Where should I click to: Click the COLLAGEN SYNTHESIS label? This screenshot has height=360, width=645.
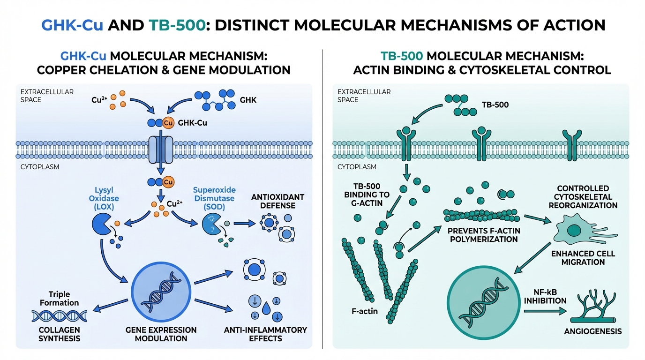[x=59, y=334]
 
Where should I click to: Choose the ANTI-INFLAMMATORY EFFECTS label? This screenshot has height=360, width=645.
[x=265, y=334]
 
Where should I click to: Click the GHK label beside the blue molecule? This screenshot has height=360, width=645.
[x=248, y=100]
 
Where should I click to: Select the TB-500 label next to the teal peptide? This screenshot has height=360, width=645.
[x=495, y=105]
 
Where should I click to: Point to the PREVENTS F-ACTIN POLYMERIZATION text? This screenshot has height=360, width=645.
[x=483, y=235]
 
